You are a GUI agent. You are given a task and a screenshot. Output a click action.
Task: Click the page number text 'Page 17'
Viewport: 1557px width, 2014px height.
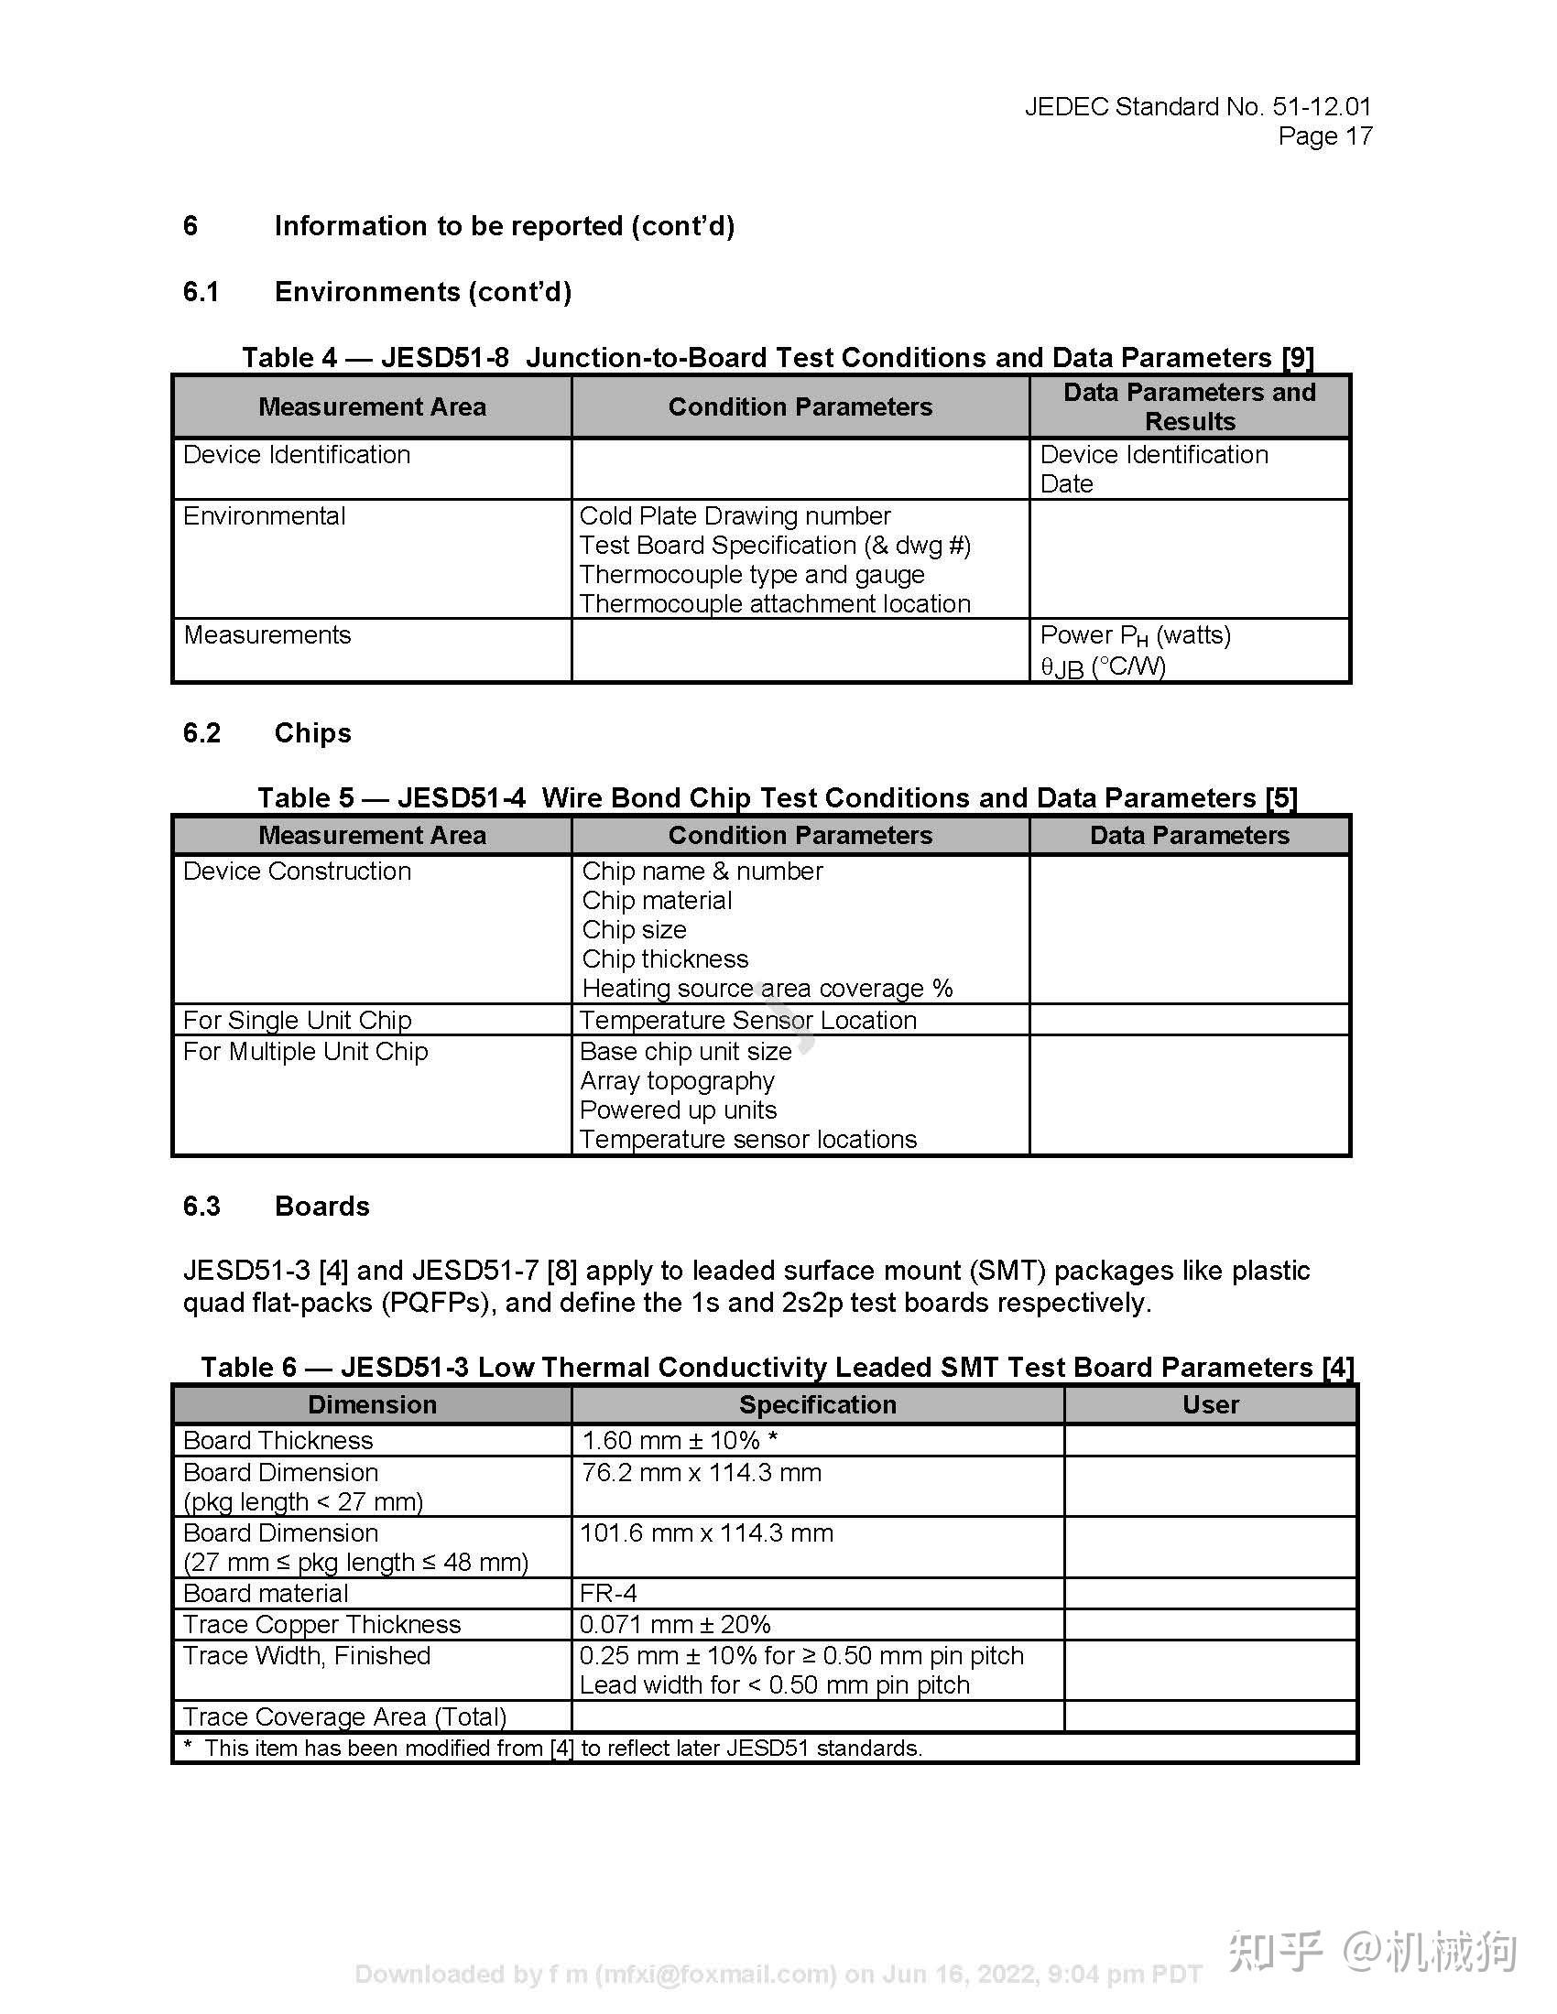point(1324,136)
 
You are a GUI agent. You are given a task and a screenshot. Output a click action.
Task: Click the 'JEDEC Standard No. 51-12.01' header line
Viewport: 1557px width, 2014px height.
point(1197,107)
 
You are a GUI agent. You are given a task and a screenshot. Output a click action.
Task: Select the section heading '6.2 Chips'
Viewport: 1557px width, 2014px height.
point(267,733)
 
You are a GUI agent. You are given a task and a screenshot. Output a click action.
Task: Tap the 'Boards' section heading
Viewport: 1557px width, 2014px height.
point(321,1207)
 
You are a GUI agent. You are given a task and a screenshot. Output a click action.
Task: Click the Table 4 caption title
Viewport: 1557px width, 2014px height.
point(778,357)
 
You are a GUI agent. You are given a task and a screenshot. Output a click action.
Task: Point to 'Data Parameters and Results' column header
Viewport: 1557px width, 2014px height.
point(1189,406)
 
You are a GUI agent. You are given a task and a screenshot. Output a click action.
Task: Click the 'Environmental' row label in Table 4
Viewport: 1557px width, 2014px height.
point(264,515)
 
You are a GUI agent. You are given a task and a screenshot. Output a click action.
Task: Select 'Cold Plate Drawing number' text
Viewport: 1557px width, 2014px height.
point(735,515)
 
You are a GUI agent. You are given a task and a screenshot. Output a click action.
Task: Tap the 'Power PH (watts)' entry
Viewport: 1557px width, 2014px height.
point(1135,635)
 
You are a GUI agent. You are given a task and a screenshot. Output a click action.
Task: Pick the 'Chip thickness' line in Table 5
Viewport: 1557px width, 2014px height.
point(664,959)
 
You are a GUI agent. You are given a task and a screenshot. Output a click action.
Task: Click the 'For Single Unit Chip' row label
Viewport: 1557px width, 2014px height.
point(297,1020)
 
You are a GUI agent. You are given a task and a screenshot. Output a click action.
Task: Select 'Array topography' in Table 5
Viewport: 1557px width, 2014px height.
point(676,1081)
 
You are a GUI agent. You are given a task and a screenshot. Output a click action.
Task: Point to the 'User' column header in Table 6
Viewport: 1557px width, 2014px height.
point(1210,1404)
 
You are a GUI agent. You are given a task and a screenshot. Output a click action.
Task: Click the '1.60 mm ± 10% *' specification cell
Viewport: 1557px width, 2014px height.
point(679,1440)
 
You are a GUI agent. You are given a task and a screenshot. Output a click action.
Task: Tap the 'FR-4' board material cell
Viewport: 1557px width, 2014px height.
point(608,1594)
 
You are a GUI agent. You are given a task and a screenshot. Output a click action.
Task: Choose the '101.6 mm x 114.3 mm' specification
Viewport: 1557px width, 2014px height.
point(705,1532)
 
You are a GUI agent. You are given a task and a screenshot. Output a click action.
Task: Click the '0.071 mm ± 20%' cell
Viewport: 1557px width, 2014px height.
point(674,1624)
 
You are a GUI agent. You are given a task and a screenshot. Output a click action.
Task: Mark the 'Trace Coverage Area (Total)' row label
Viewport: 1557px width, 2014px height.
point(344,1716)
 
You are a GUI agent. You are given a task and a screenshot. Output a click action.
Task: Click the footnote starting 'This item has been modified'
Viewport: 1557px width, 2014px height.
point(562,1748)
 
